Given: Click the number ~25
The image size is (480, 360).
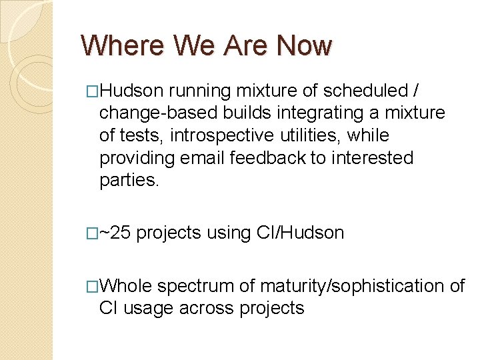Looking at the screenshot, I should pos(115,233).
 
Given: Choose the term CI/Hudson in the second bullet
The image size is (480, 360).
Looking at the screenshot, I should pos(300,233).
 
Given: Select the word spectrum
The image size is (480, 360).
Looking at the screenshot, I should pos(195,285).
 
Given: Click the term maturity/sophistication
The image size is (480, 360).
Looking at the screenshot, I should pos(351,285).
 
